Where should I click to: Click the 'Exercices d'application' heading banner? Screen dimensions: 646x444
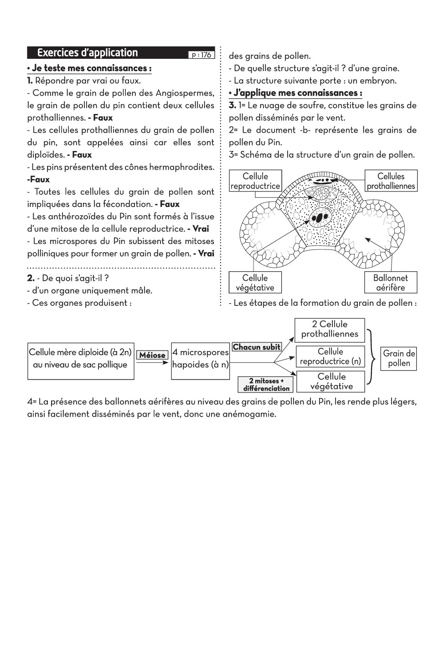(x=88, y=53)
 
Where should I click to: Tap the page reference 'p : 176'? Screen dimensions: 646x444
(x=201, y=55)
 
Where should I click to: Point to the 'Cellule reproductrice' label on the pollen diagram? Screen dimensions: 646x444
(x=255, y=181)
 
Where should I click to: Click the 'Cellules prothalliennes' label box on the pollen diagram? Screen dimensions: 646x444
(x=391, y=181)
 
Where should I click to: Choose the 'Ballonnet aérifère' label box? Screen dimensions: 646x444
(x=390, y=283)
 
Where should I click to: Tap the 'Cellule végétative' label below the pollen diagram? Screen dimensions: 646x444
(x=255, y=283)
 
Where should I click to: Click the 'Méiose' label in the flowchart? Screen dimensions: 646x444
(x=152, y=355)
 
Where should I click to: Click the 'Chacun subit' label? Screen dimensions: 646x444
(x=257, y=347)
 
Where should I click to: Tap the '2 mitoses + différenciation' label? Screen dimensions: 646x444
(x=266, y=385)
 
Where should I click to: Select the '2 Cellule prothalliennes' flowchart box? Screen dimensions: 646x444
(x=330, y=329)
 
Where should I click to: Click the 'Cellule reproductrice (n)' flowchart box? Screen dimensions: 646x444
(x=330, y=357)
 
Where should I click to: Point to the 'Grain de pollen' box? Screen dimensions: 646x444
(x=399, y=358)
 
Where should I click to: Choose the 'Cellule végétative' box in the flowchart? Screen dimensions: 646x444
(x=331, y=382)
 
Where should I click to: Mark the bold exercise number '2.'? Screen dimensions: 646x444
(x=31, y=278)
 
